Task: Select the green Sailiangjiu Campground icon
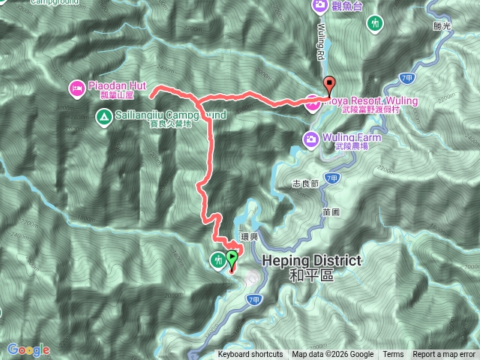[105, 115]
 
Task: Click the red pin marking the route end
[328, 85]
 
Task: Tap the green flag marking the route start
[232, 259]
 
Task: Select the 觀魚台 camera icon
[319, 7]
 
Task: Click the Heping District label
[311, 261]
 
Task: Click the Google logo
[28, 349]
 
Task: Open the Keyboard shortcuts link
[250, 355]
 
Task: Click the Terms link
[393, 355]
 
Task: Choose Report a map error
[445, 355]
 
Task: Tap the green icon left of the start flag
[217, 259]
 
